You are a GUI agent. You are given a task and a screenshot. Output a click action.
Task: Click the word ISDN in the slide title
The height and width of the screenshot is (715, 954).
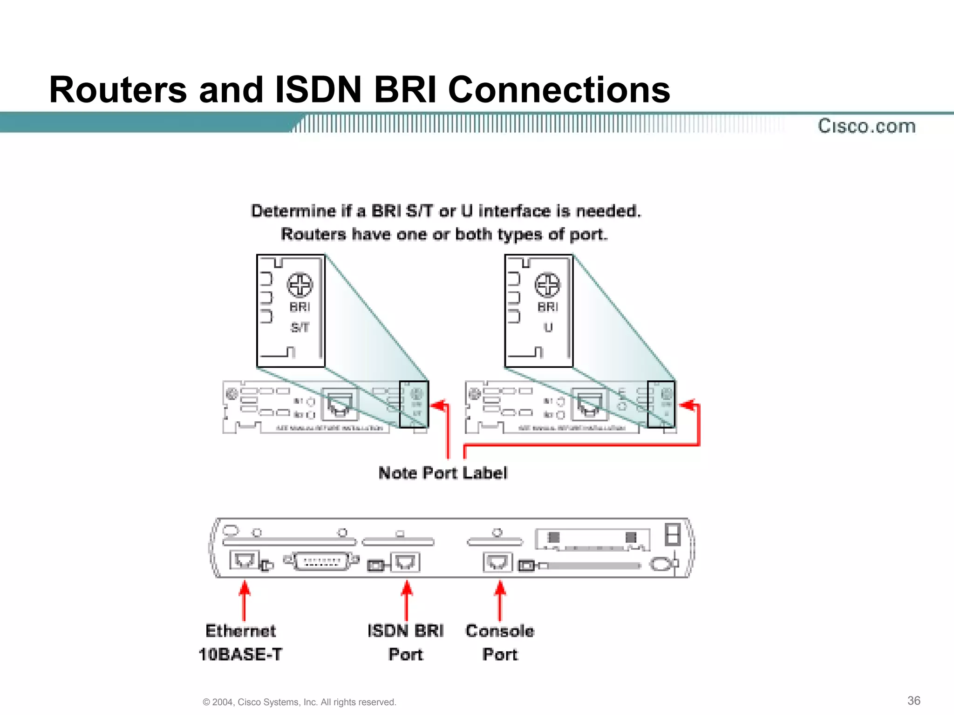(319, 89)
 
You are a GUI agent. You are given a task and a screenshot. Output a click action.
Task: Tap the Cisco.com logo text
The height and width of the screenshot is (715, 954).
(866, 126)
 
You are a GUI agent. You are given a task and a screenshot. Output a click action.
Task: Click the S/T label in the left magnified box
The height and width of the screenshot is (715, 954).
(300, 328)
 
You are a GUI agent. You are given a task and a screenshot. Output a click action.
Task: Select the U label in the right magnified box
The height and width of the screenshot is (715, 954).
(548, 328)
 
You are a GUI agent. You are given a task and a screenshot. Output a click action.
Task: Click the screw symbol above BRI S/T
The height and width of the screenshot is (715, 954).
(300, 285)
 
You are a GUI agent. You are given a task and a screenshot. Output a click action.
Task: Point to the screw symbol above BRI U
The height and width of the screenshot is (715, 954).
(547, 285)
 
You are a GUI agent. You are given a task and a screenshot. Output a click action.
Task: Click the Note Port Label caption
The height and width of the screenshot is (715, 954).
(443, 473)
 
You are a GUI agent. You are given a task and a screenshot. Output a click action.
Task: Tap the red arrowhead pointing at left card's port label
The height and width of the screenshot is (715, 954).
(438, 405)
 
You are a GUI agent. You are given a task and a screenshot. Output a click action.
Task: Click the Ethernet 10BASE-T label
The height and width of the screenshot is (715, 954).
(240, 642)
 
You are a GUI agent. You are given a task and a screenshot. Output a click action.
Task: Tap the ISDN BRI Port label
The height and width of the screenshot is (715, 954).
(406, 642)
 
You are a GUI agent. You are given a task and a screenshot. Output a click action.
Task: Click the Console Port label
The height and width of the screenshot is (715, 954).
(500, 642)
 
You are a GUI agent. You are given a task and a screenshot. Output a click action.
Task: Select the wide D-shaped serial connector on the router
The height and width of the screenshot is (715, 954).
(321, 561)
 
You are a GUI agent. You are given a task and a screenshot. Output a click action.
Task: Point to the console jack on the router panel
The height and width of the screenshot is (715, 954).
(497, 562)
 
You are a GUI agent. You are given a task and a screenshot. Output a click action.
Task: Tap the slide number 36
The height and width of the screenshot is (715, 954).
(913, 701)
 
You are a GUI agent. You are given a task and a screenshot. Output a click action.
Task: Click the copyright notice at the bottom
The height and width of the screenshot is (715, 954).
(299, 702)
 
